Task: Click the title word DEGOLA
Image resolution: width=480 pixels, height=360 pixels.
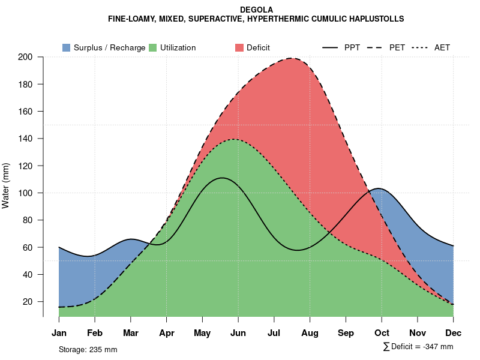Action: tap(256, 10)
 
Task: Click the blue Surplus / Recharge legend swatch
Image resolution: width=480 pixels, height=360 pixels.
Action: tap(66, 47)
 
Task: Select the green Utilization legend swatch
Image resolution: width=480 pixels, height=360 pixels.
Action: tap(152, 47)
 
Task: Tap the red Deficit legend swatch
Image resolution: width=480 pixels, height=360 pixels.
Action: tap(239, 47)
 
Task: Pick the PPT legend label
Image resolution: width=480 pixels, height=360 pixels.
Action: tap(352, 47)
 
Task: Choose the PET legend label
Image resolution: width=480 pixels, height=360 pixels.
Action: tap(397, 47)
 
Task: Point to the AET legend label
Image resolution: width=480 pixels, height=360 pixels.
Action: tap(442, 47)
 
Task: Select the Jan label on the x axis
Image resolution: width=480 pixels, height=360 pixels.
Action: tap(59, 333)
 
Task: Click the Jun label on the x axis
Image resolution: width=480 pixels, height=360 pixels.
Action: tap(238, 333)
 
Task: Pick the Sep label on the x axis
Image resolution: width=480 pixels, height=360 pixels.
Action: tap(346, 333)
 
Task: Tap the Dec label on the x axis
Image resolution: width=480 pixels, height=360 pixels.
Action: tap(454, 333)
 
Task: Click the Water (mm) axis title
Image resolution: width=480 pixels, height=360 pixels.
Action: tap(6, 185)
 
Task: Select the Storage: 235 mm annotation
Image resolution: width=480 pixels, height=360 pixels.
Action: tap(88, 349)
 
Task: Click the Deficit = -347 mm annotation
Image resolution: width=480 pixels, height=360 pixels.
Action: tap(421, 347)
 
